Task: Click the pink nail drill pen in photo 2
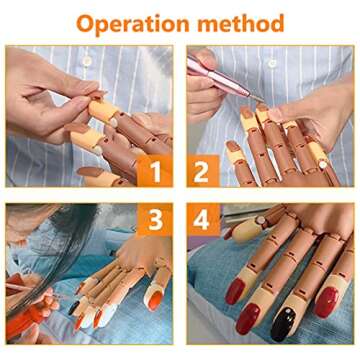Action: point(208,69)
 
